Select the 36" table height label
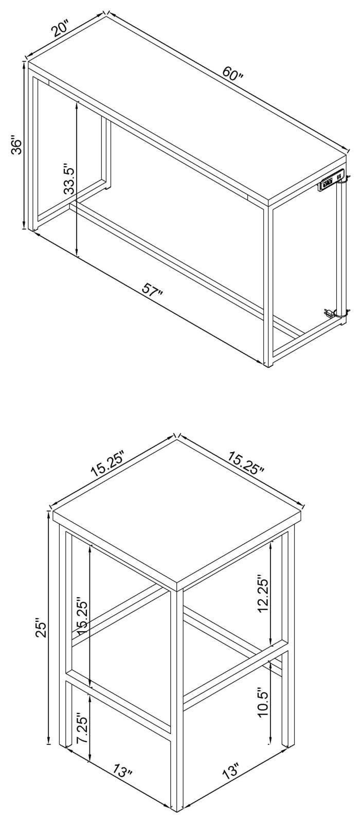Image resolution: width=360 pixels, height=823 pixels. click(x=17, y=147)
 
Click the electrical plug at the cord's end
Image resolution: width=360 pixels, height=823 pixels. click(x=328, y=313)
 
